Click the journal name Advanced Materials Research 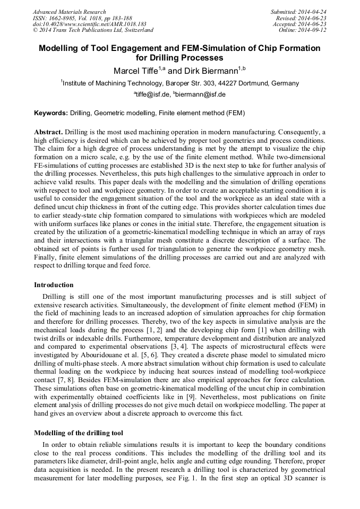69,12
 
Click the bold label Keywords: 51,113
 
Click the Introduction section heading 54,285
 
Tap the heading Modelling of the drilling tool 79,433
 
